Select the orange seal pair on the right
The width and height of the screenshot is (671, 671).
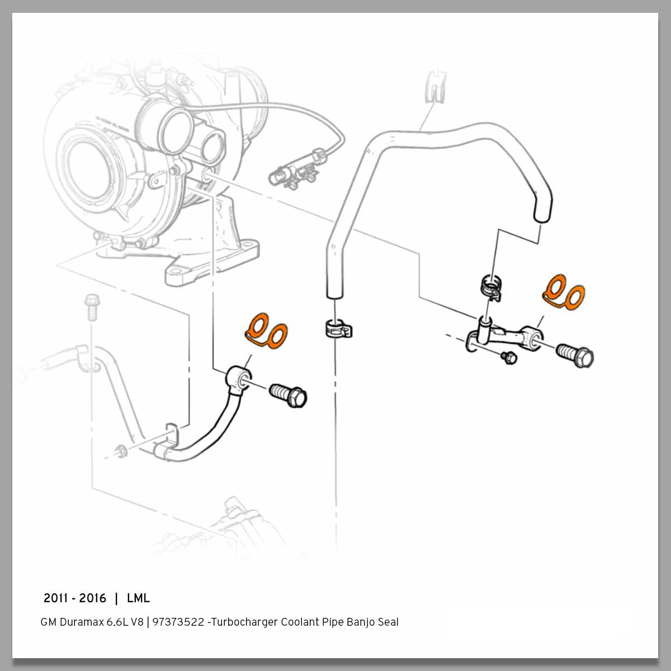(563, 291)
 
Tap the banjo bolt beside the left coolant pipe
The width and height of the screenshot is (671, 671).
(288, 395)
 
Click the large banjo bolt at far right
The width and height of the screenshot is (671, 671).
(575, 355)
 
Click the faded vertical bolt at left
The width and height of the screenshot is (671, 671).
(90, 308)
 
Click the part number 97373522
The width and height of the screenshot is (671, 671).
(178, 622)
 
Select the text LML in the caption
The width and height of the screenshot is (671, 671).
(138, 598)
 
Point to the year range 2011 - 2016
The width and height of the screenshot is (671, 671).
(75, 598)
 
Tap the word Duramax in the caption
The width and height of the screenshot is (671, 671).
(83, 622)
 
